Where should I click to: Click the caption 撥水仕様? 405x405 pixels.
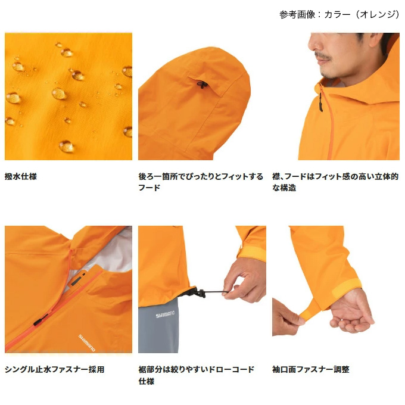click(21, 177)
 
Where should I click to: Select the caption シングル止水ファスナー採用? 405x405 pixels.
click(55, 370)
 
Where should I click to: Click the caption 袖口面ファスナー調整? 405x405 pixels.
click(311, 370)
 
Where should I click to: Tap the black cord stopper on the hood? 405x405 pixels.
click(200, 84)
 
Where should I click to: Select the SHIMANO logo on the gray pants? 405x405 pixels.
click(166, 316)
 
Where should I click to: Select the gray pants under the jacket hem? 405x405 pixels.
click(164, 328)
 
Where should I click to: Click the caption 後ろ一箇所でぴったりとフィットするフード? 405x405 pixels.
click(200, 182)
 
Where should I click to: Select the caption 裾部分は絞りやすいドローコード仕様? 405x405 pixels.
click(197, 375)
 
